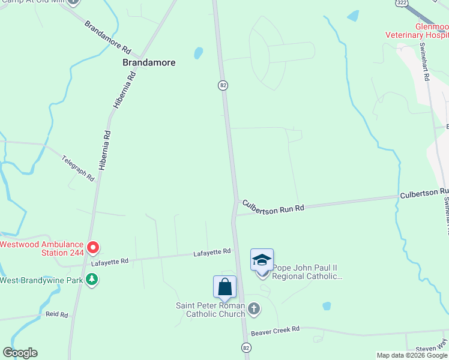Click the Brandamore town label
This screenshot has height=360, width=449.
click(149, 62)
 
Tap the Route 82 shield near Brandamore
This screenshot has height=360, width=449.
click(223, 85)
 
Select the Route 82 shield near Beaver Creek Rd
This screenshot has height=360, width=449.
click(246, 347)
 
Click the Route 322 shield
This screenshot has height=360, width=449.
click(402, 3)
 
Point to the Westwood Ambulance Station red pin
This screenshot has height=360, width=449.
click(92, 247)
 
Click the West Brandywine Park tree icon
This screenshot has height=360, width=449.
click(92, 280)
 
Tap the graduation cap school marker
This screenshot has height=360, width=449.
click(262, 260)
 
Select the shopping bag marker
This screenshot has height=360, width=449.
click(224, 286)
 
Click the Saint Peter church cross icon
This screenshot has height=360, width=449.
click(254, 309)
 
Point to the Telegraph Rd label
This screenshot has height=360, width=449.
click(79, 168)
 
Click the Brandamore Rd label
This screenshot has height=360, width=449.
click(107, 37)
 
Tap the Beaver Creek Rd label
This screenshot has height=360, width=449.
click(275, 331)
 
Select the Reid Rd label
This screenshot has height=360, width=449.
click(56, 314)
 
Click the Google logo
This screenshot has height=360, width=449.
click(20, 353)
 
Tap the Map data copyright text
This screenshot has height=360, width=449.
click(412, 355)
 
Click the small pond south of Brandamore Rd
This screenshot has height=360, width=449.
click(198, 53)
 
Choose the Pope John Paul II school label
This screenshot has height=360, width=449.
click(307, 272)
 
